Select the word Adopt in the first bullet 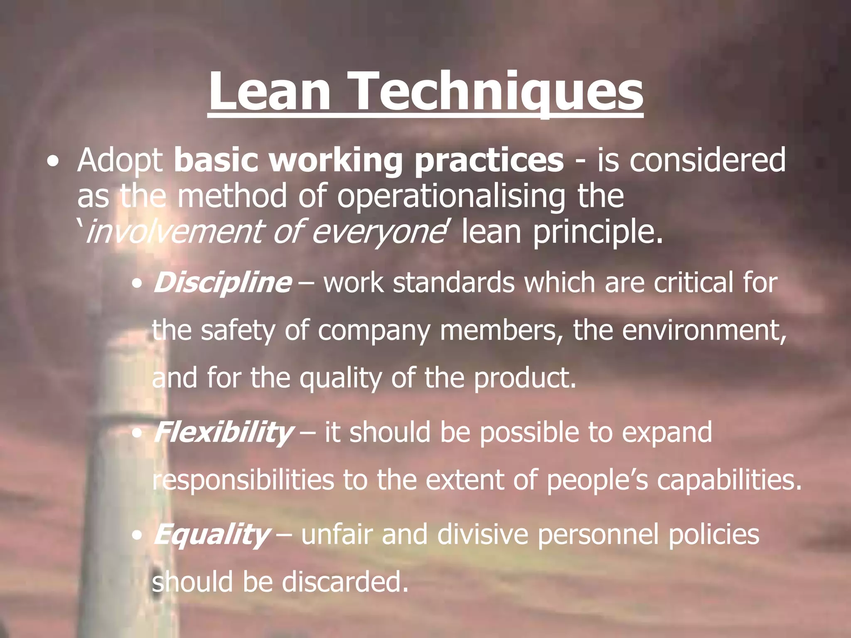(x=121, y=161)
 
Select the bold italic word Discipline (x=222, y=283)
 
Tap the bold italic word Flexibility (x=223, y=432)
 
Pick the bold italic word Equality (x=212, y=535)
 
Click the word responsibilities (x=243, y=480)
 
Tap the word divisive (x=482, y=535)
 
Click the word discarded (x=345, y=582)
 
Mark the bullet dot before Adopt (x=52, y=162)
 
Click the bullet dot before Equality (x=137, y=536)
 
